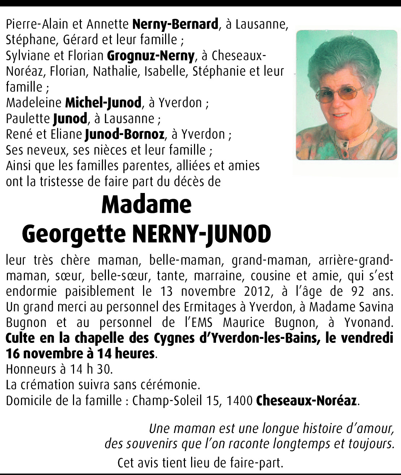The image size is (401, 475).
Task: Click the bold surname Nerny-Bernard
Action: [x=175, y=24]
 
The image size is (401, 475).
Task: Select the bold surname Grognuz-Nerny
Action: [x=151, y=56]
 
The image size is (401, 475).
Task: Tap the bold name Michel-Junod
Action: [x=103, y=103]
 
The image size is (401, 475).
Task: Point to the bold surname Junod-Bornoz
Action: [x=125, y=134]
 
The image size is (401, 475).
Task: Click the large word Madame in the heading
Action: [x=146, y=205]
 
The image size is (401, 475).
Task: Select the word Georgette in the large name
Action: [x=75, y=234]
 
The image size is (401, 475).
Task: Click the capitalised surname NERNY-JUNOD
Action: [x=202, y=234]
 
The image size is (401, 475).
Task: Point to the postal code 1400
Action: [x=240, y=401]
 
